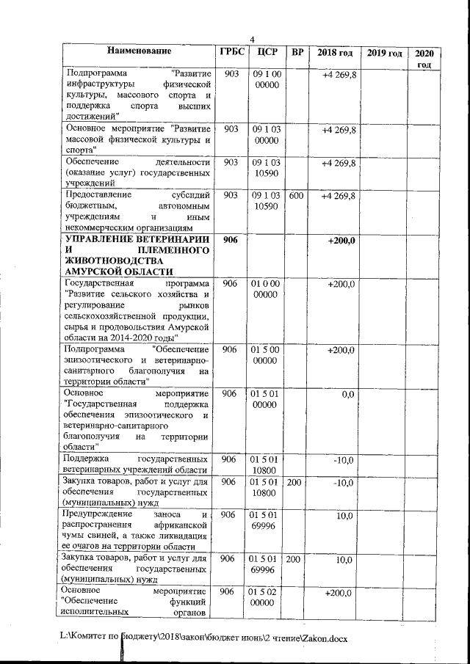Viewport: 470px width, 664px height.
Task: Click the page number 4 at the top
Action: [252, 39]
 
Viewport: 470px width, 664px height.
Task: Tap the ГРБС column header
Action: [231, 53]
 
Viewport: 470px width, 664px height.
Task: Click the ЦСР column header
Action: [266, 53]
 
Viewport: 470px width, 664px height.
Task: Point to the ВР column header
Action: [297, 53]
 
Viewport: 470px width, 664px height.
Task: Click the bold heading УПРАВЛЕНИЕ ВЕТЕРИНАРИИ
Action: [137, 240]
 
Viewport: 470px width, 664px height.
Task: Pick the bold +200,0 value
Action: [341, 241]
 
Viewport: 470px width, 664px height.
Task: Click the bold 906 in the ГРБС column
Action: [231, 241]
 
